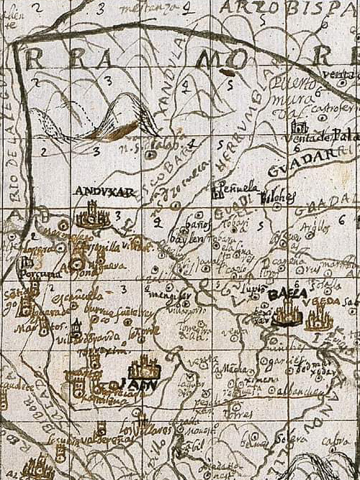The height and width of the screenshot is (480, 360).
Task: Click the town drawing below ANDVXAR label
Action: [x=92, y=214]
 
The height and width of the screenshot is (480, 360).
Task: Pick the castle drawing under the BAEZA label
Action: [x=286, y=314]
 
